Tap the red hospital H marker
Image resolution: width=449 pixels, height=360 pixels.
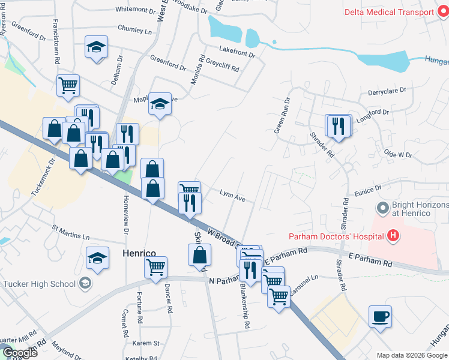(x=393, y=235)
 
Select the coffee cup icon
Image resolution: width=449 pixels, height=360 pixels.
(x=380, y=316)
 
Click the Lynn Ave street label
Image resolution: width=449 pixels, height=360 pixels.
(x=232, y=195)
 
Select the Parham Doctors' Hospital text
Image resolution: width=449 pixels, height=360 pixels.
(x=336, y=236)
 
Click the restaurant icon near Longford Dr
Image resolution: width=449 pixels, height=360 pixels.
(x=339, y=125)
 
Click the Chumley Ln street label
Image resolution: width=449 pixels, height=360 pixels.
(x=135, y=29)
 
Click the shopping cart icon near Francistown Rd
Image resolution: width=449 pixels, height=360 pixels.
(x=68, y=85)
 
